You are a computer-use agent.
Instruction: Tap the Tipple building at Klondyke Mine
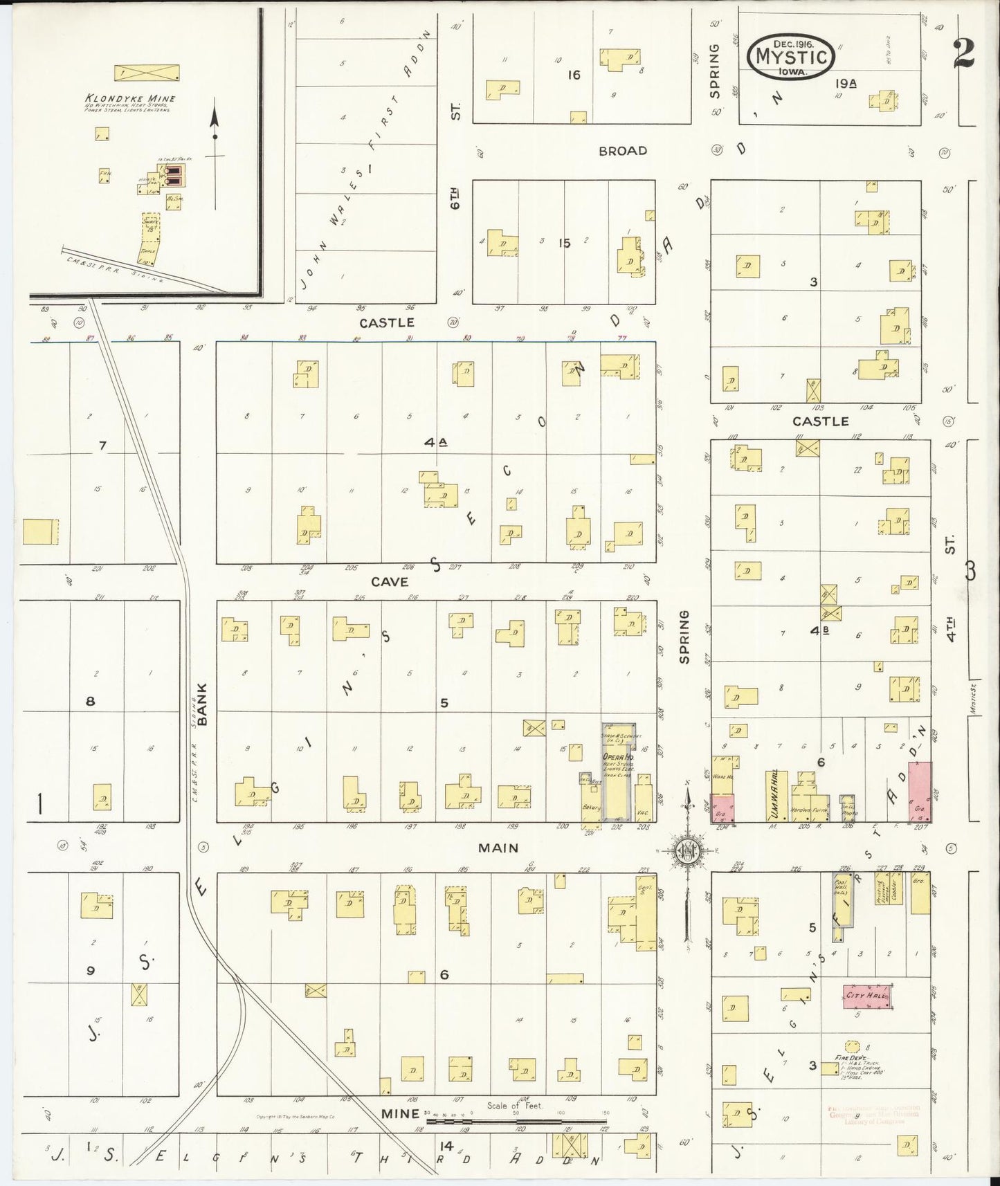click(147, 254)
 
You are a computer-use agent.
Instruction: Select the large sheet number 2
click(963, 53)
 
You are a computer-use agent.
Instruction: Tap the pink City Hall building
click(866, 995)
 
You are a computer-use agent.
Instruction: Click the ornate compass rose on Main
click(686, 849)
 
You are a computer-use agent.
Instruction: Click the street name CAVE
click(390, 582)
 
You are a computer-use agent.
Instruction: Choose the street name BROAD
click(623, 150)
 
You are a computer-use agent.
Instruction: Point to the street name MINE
click(401, 1113)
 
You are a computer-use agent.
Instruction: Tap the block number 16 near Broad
click(574, 75)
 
